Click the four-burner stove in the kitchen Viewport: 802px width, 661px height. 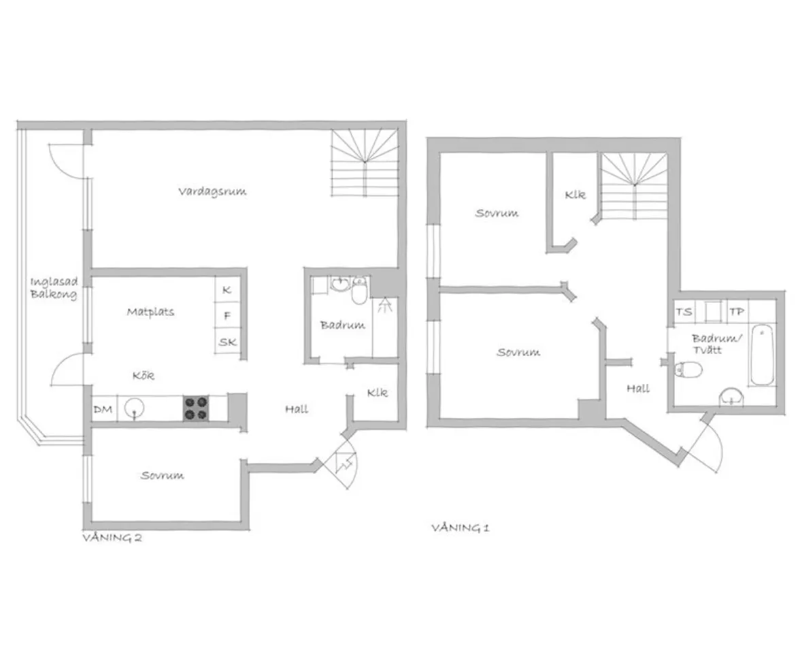(x=196, y=408)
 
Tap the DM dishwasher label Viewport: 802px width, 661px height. (x=103, y=409)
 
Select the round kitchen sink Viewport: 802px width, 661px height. (x=134, y=408)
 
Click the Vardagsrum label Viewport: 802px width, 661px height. (x=212, y=191)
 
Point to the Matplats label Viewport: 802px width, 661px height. (x=150, y=311)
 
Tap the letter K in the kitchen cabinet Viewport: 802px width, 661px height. (x=227, y=290)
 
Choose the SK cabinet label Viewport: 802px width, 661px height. (x=228, y=342)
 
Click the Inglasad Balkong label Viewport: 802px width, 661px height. (x=54, y=288)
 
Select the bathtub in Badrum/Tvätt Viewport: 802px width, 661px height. (x=762, y=354)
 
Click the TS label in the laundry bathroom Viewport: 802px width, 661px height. (x=684, y=311)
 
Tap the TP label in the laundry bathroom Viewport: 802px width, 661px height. (x=737, y=311)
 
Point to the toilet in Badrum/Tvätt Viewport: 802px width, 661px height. (x=688, y=369)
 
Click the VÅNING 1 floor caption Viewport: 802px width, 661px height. (x=461, y=528)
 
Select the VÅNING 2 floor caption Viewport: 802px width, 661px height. (x=112, y=538)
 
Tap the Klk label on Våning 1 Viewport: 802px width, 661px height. (x=575, y=195)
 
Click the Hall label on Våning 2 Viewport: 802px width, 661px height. (x=297, y=408)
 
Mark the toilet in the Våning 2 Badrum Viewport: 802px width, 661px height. (x=360, y=291)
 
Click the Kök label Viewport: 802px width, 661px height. (x=144, y=375)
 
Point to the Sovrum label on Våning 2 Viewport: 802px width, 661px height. (x=162, y=475)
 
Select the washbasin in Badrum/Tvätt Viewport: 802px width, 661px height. (x=731, y=398)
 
